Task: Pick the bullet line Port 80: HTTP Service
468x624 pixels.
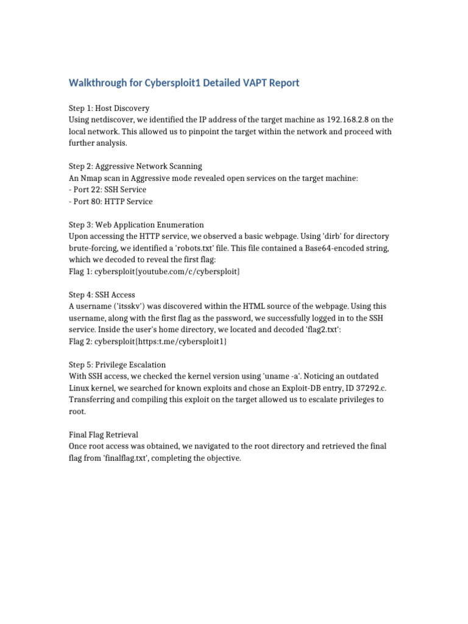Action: pyautogui.click(x=110, y=201)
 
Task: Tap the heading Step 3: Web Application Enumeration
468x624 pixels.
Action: pyautogui.click(x=136, y=224)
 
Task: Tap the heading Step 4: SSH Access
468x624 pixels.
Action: pyautogui.click(x=102, y=294)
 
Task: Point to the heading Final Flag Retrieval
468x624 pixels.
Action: pyautogui.click(x=104, y=434)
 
